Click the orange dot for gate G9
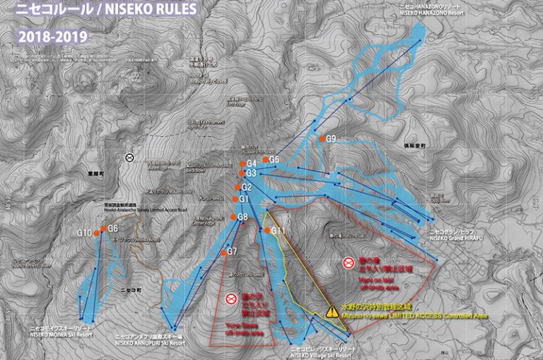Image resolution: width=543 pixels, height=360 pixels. [322, 139]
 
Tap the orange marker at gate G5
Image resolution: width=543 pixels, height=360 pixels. [265, 161]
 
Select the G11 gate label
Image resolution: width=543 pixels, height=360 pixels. [278, 231]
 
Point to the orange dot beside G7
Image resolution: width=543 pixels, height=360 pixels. [223, 252]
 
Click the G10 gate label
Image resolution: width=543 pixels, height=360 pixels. [84, 233]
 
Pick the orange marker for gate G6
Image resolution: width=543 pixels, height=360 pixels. [103, 229]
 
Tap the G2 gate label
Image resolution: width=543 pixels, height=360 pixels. [247, 187]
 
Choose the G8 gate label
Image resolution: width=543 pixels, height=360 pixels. [243, 216]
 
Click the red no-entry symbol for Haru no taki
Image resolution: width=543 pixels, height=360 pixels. [348, 263]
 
